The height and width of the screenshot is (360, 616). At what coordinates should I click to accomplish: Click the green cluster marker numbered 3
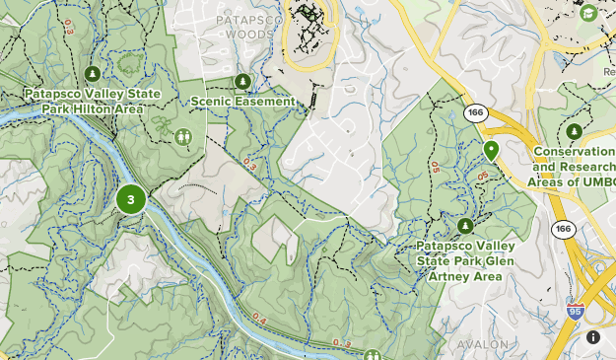[130, 199]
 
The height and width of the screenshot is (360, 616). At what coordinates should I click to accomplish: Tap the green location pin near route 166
[491, 150]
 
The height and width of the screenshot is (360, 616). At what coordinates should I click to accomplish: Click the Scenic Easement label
[242, 102]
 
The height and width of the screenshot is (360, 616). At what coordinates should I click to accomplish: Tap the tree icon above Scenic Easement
[242, 81]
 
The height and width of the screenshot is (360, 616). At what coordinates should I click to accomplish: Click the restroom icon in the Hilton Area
[184, 136]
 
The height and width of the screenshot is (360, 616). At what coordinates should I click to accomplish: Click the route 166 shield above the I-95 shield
[563, 229]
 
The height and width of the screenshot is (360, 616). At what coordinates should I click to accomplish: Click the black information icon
[592, 337]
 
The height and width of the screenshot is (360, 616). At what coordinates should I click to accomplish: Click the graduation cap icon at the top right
[589, 13]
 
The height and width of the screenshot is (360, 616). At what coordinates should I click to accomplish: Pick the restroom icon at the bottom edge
[373, 355]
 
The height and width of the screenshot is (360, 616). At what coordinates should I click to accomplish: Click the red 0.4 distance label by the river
[259, 318]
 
